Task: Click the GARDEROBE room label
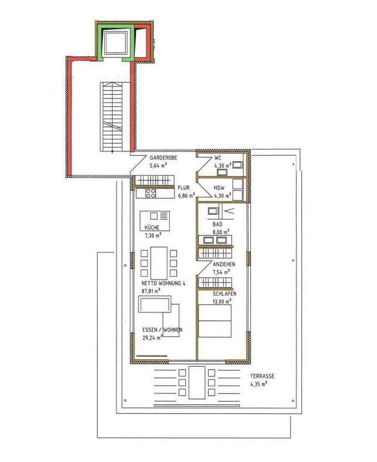click(x=163, y=158)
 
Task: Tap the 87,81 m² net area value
click(x=151, y=290)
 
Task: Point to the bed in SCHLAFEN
click(x=215, y=320)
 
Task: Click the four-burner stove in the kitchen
click(x=151, y=193)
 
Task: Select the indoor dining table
click(x=159, y=261)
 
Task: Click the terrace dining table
click(x=197, y=382)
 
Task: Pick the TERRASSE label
click(x=262, y=376)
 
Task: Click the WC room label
click(x=218, y=158)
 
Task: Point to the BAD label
click(x=218, y=224)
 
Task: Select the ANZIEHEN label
click(x=224, y=264)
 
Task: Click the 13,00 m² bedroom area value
click(x=223, y=301)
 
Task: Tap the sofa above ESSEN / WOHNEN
click(x=154, y=305)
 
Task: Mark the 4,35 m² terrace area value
click(x=259, y=384)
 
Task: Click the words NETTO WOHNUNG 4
click(x=163, y=283)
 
